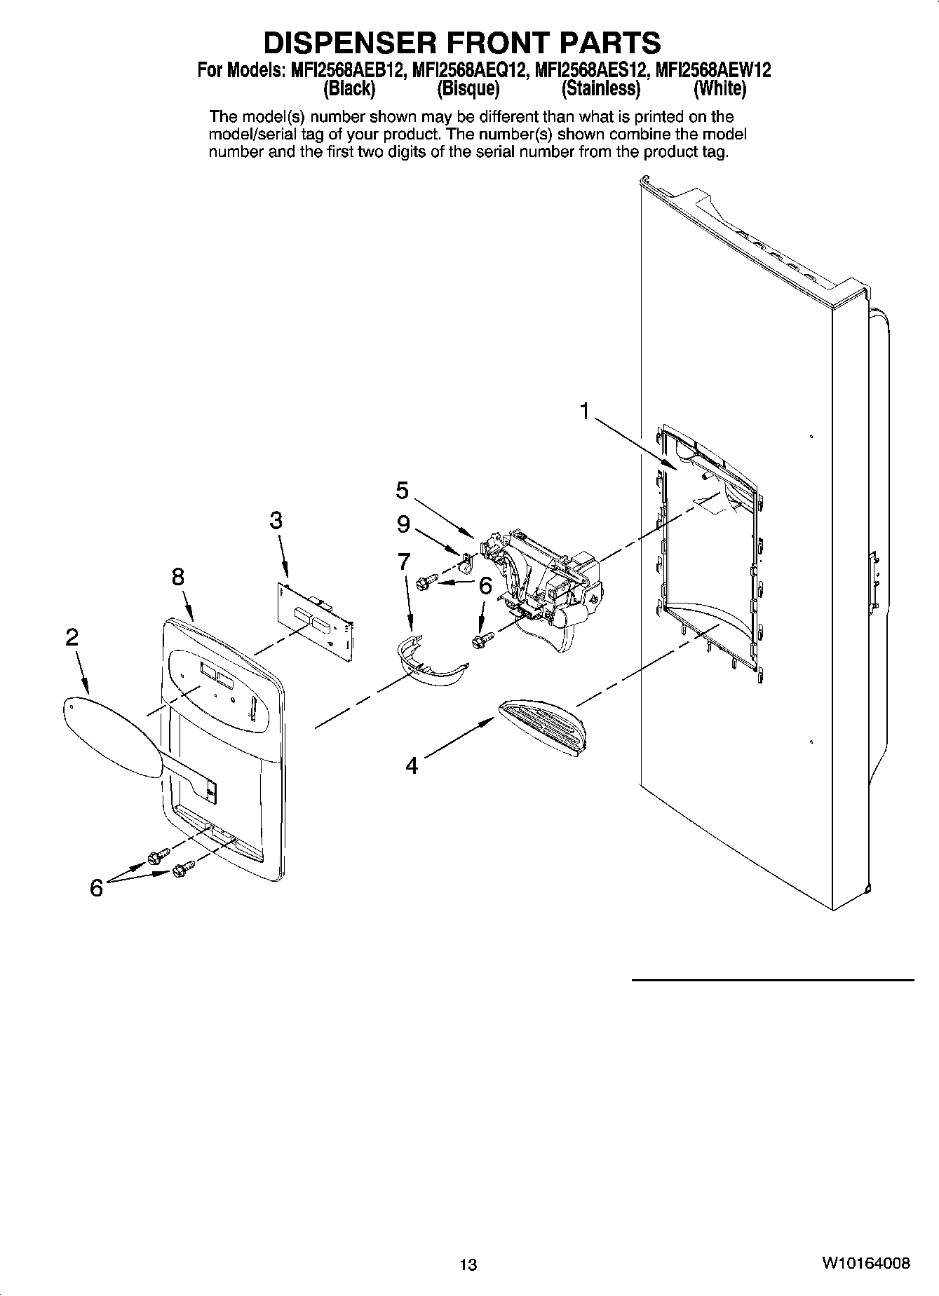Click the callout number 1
click(x=584, y=412)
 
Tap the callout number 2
click(x=72, y=637)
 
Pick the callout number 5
click(x=402, y=490)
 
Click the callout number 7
click(x=403, y=561)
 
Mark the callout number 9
click(x=403, y=525)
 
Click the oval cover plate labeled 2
click(x=112, y=737)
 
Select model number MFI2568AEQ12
click(x=471, y=70)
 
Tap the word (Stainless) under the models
click(x=601, y=89)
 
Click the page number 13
click(x=468, y=1264)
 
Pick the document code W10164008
click(x=867, y=1263)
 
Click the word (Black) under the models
click(x=349, y=89)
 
